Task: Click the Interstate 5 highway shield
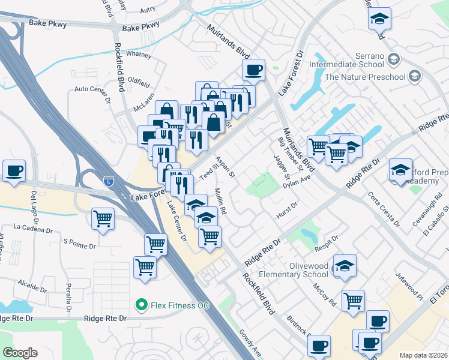(x=108, y=181)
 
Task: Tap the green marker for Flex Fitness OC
(x=142, y=305)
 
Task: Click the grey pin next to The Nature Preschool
(x=414, y=76)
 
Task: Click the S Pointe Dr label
(x=80, y=246)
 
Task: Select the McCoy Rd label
(x=324, y=295)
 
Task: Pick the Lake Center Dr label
(x=176, y=221)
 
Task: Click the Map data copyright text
(x=423, y=355)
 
